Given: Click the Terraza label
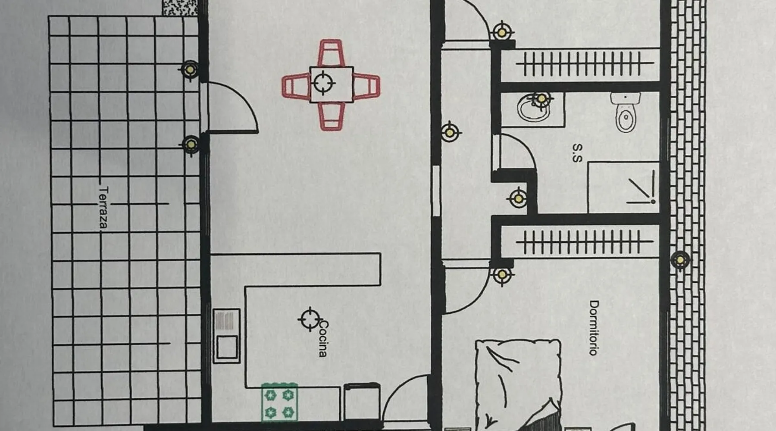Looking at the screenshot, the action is (103, 207).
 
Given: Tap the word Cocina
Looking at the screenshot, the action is (323, 339).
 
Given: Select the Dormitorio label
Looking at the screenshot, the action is (594, 328).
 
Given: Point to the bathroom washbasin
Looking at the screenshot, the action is (535, 108).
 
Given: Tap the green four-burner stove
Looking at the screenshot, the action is (279, 403).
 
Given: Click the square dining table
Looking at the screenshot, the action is (332, 84).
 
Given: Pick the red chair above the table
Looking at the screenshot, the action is (331, 53).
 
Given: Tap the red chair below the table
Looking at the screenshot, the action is (332, 116).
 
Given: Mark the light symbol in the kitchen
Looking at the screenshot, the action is (310, 319).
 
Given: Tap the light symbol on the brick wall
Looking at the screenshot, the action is (680, 260).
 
